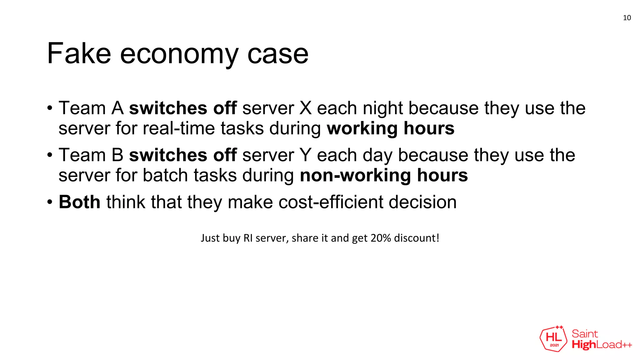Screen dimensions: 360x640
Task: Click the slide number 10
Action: (627, 18)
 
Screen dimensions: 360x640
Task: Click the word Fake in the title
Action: (79, 54)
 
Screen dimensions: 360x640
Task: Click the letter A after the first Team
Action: (117, 108)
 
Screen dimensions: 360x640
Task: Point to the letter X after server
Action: (305, 108)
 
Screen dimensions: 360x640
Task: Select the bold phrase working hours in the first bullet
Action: (390, 128)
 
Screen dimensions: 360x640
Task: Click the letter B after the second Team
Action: (117, 155)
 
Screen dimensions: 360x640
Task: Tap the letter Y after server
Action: (305, 155)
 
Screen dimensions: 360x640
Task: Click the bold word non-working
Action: (355, 175)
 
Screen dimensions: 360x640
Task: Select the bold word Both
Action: (79, 202)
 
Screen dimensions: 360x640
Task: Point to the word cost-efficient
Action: (331, 202)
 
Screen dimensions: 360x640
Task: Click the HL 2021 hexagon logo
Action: (553, 339)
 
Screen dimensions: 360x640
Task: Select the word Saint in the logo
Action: (585, 334)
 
